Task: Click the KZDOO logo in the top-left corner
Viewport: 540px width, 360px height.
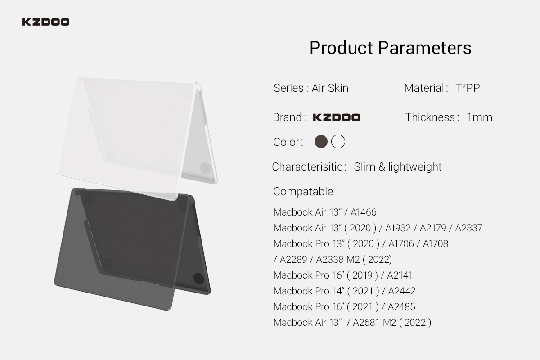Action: tap(46, 22)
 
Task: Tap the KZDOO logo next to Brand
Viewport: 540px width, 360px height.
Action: tap(337, 117)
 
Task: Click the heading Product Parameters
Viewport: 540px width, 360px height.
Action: tap(390, 48)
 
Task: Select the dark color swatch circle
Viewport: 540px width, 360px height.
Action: tap(321, 141)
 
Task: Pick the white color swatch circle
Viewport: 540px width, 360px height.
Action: tap(338, 141)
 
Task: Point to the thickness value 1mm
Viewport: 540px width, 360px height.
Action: tap(479, 117)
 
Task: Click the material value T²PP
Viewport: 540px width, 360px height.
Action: tap(468, 88)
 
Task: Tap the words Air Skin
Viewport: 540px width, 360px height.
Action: tap(330, 88)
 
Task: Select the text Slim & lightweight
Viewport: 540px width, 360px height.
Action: tap(398, 166)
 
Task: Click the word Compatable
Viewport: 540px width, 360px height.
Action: tap(303, 191)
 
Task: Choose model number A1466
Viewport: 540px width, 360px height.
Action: tap(363, 212)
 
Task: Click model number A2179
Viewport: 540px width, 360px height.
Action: tap(433, 228)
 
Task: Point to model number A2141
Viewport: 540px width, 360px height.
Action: tap(400, 275)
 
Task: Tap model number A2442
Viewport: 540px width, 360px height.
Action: tap(401, 291)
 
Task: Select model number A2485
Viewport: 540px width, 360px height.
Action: tap(401, 307)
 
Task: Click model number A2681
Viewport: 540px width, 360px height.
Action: tap(366, 322)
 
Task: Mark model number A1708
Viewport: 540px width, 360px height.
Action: tap(436, 243)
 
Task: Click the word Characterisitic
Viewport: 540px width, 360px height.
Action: tap(307, 166)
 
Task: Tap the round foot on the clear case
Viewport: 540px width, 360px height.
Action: tap(205, 167)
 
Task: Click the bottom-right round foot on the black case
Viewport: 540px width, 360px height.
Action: tap(198, 278)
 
